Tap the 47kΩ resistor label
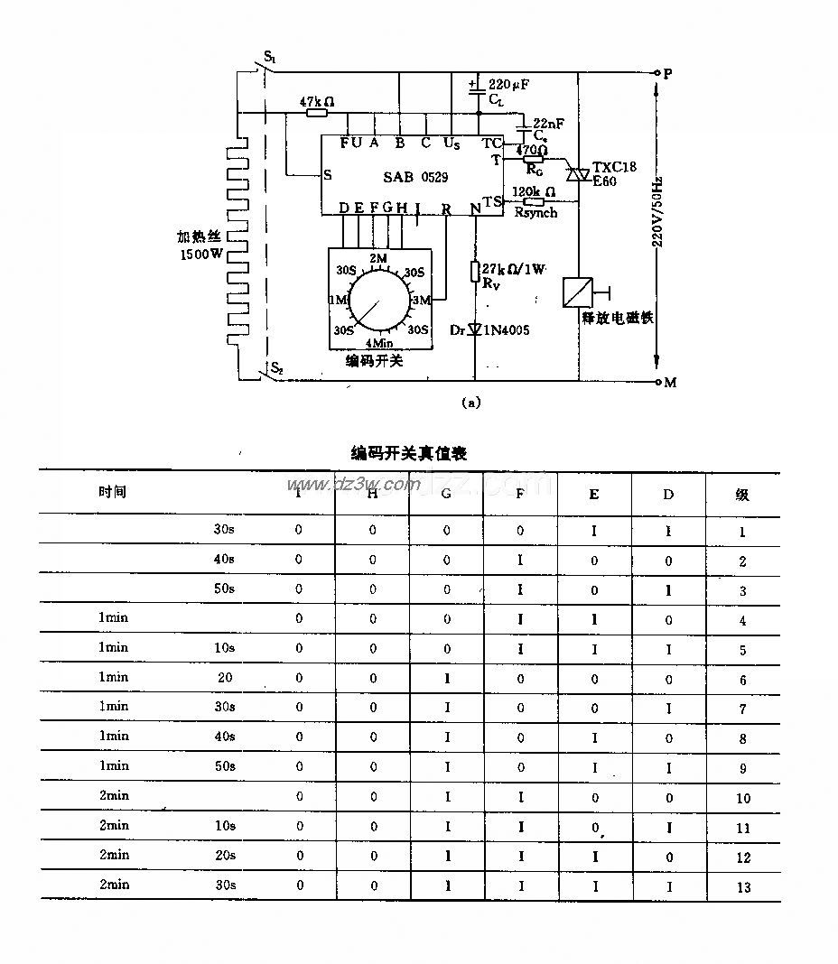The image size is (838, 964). point(316,101)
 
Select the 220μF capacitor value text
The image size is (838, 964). point(508,85)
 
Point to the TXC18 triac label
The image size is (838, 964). point(615,168)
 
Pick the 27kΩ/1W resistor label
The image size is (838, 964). point(514,269)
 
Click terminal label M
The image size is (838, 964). point(670,383)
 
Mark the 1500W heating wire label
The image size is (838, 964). point(200,254)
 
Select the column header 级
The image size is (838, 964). point(741,494)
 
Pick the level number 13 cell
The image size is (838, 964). point(743,887)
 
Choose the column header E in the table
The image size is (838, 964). point(593,494)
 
